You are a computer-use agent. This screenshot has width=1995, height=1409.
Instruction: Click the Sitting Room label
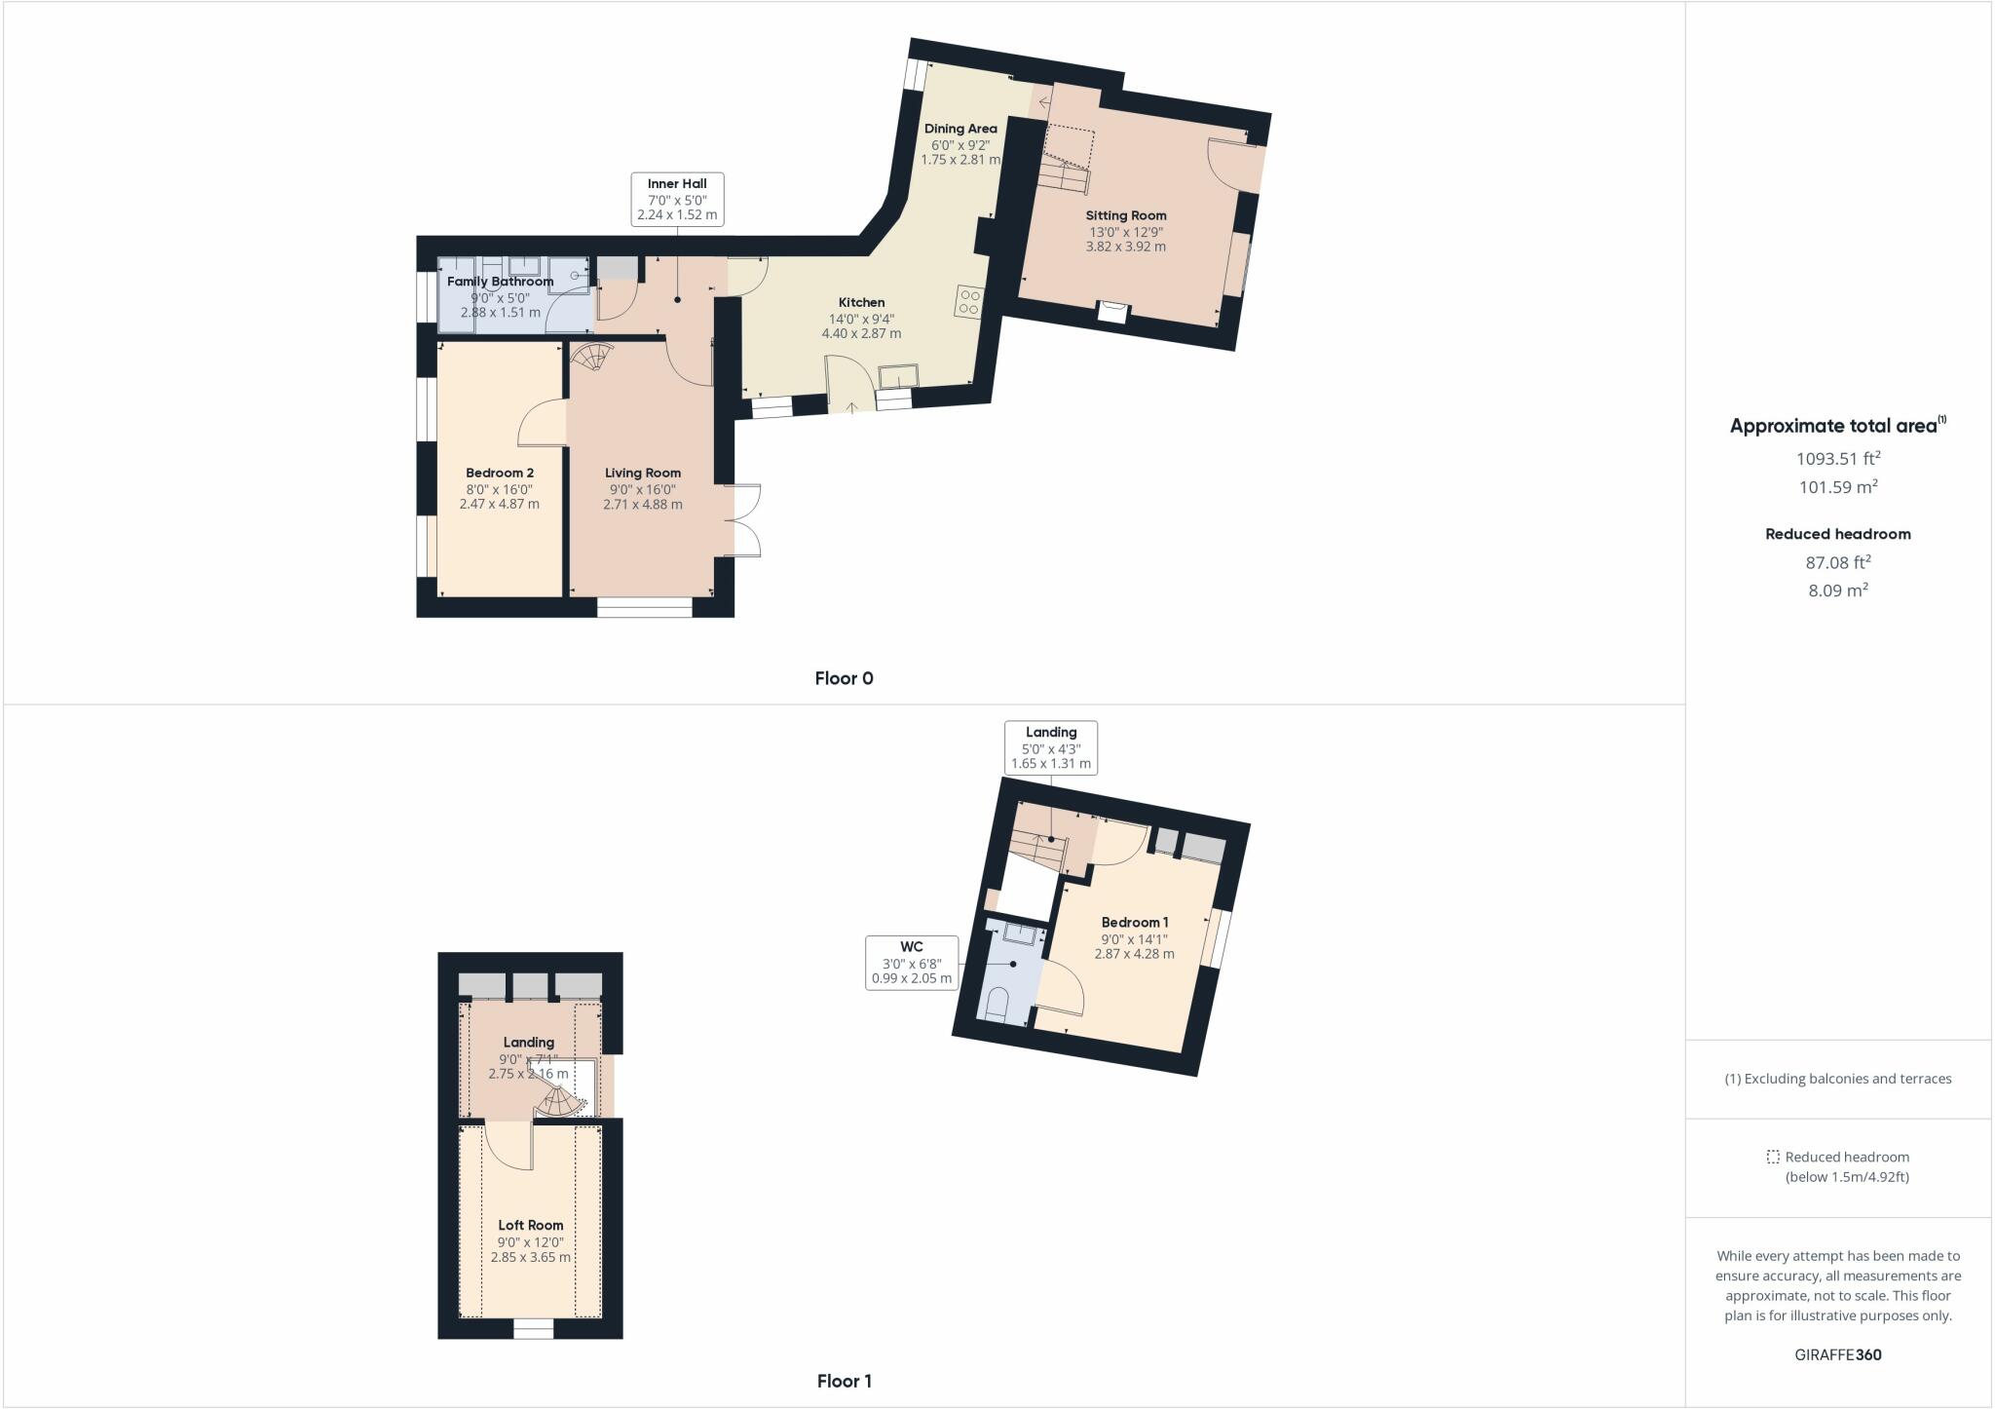coord(1125,215)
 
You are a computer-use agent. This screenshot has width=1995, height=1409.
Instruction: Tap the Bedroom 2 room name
coord(500,473)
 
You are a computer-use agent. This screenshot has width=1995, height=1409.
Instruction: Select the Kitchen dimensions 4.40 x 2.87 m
coord(861,333)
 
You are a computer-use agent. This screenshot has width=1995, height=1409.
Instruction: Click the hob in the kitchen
coord(969,301)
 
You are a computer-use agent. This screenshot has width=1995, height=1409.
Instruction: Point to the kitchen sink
coord(897,375)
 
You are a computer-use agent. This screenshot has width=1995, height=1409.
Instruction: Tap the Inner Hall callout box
coord(677,199)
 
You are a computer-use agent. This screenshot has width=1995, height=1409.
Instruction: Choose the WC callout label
coord(912,963)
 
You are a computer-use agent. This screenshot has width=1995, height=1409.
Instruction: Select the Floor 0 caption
coord(844,678)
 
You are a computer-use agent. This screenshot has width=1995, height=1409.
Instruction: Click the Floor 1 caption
coord(844,1381)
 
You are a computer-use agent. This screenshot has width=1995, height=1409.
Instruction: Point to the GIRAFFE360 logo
coord(1838,1354)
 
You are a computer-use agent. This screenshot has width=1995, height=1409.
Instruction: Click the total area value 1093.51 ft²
coord(1838,458)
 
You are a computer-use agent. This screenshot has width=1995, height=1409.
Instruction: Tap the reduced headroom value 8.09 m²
coord(1838,590)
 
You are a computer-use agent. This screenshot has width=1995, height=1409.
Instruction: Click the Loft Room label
coord(531,1225)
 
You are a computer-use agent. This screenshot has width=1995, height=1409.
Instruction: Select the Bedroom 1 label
coord(1135,922)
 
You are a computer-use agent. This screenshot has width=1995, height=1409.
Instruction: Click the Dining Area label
coord(960,129)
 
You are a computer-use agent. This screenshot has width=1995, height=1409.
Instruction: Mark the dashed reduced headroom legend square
coord(1773,1157)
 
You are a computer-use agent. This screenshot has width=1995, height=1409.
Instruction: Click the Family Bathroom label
coord(500,282)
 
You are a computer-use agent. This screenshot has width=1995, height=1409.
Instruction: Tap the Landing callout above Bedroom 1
coord(1051,747)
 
